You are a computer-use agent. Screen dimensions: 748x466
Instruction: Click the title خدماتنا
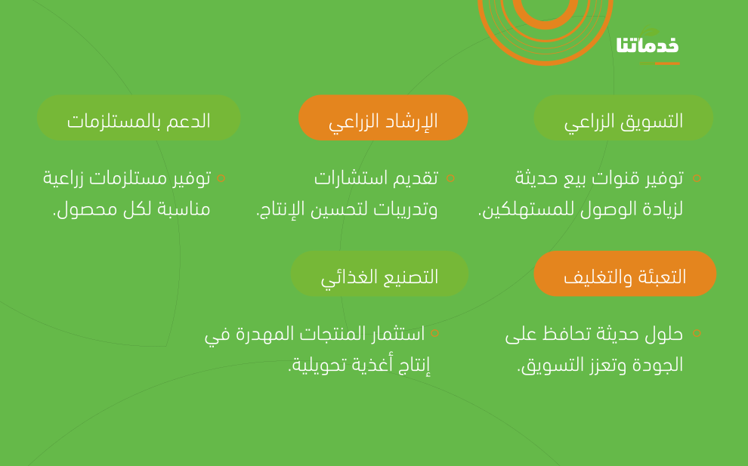click(648, 45)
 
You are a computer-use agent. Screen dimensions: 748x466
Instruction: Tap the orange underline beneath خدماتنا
click(660, 63)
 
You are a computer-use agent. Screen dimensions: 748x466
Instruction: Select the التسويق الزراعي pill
click(623, 117)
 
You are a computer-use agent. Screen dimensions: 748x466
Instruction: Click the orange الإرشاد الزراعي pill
click(383, 117)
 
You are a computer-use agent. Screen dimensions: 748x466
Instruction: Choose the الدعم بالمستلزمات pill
click(139, 117)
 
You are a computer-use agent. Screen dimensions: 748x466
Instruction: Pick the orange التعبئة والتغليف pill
click(625, 273)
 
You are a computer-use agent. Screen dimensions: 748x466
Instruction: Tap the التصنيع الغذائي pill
click(380, 273)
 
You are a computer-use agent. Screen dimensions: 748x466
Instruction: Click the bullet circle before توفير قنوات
click(697, 178)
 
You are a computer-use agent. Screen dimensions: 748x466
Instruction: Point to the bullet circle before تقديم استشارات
click(450, 178)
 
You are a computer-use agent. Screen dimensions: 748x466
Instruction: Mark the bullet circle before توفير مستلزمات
click(221, 178)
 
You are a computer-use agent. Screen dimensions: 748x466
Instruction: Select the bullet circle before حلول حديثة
click(697, 333)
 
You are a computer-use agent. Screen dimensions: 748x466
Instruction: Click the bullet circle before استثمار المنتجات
click(434, 333)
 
